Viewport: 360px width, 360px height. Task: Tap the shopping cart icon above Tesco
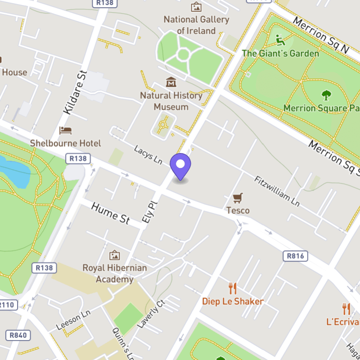(238, 198)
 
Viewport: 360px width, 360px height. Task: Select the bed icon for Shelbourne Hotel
(65, 130)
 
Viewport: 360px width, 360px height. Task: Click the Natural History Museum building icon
(171, 82)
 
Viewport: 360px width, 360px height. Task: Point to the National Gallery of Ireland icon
(196, 7)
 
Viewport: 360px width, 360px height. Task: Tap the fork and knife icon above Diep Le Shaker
(232, 288)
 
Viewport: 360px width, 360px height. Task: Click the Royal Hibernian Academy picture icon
(114, 255)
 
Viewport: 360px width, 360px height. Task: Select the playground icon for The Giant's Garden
(280, 40)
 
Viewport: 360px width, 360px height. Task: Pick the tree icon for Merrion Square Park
(326, 95)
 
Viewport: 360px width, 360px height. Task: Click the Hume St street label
(111, 213)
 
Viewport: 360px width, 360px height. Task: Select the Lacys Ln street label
(148, 154)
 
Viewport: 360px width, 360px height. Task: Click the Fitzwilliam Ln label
(277, 190)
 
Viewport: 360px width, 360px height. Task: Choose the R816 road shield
(296, 256)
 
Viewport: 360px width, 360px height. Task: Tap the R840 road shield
(17, 335)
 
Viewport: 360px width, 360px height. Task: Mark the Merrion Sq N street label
(321, 36)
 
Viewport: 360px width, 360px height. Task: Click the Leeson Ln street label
(73, 321)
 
